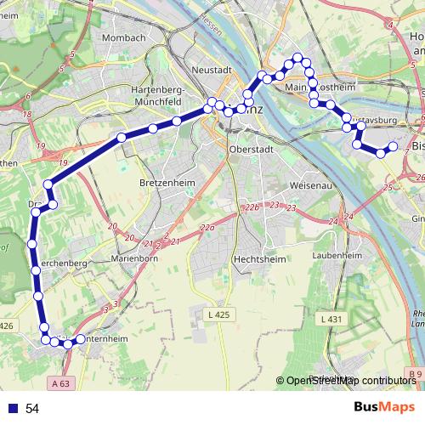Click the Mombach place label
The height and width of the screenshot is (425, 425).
click(x=124, y=38)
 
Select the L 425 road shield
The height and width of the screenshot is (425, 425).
click(x=217, y=315)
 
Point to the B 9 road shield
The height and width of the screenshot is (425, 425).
click(x=414, y=373)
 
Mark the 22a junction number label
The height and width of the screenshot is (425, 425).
click(x=207, y=227)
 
